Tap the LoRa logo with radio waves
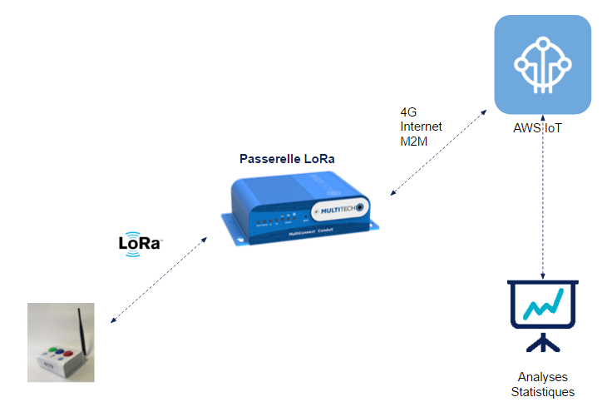140,245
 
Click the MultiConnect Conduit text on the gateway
311,233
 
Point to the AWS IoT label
542,130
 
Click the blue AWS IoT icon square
542,65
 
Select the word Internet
421,127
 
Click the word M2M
413,141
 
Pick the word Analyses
542,377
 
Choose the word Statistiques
542,392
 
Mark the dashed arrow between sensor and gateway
159,280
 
